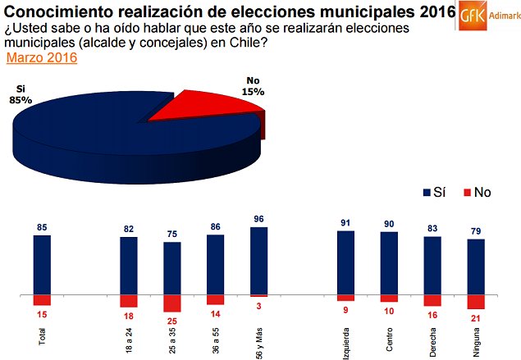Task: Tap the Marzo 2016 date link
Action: click(42, 58)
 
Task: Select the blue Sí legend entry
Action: click(432, 193)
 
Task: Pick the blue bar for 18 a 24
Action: click(129, 265)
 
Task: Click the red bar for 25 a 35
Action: click(171, 303)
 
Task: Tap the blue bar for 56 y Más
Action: click(258, 260)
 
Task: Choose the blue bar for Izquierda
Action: click(345, 262)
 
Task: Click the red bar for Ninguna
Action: click(476, 302)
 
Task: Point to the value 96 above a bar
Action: click(258, 219)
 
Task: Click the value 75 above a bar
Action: click(171, 233)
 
